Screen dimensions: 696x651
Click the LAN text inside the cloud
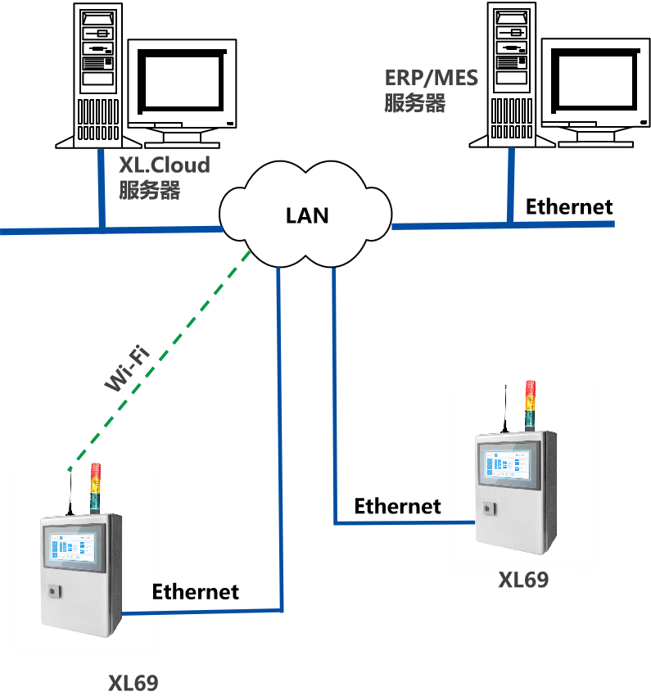pos(307,215)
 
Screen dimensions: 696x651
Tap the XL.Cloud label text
pos(165,165)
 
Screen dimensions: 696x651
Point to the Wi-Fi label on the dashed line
pos(128,370)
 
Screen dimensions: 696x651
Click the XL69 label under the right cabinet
pos(524,581)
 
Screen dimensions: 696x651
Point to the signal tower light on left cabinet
pos(96,487)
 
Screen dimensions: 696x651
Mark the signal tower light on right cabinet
pos(530,404)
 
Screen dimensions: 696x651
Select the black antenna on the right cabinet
pos(504,409)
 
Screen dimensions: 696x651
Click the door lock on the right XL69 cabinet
pos(488,509)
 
